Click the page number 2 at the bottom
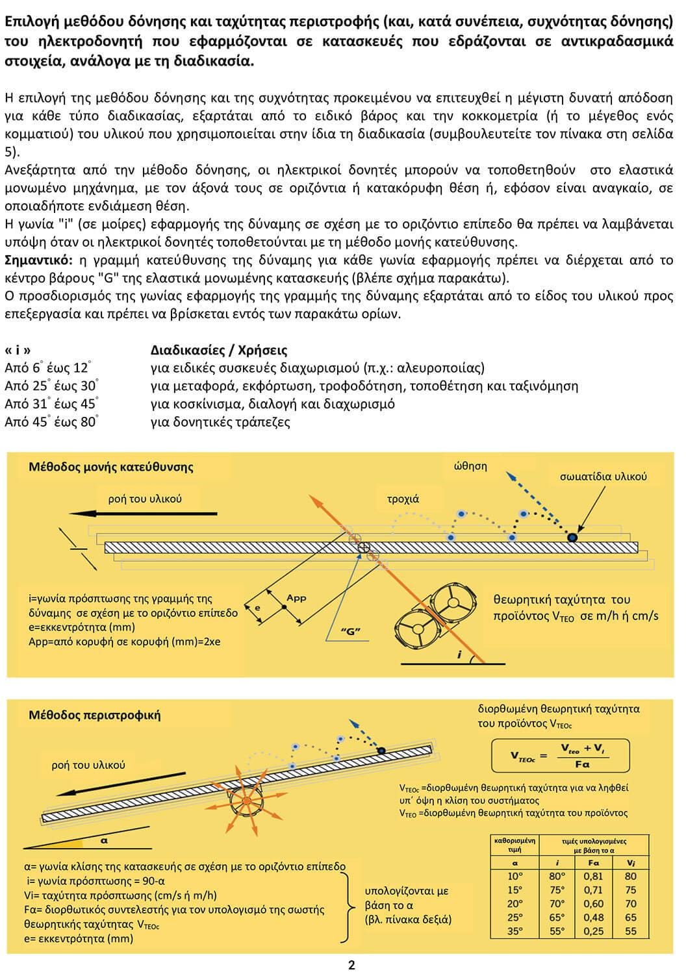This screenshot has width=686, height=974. pyautogui.click(x=351, y=966)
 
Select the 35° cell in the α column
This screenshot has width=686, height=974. pyautogui.click(x=515, y=931)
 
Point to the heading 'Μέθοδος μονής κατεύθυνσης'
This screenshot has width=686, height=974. pyautogui.click(x=111, y=467)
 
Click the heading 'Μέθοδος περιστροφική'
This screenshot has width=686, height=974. pyautogui.click(x=94, y=716)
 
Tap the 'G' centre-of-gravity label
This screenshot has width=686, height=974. pyautogui.click(x=351, y=631)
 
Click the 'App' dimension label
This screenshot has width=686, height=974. pyautogui.click(x=296, y=598)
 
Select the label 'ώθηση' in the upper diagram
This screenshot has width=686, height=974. pyautogui.click(x=470, y=466)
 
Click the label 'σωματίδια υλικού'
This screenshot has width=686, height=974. pyautogui.click(x=603, y=477)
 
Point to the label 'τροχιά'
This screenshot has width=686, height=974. pyautogui.click(x=403, y=499)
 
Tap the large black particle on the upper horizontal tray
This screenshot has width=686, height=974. pyautogui.click(x=572, y=538)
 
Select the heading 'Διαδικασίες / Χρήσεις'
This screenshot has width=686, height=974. pyautogui.click(x=219, y=350)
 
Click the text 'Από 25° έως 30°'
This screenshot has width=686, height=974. pyautogui.click(x=51, y=386)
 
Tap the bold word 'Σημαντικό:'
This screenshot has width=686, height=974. pyautogui.click(x=38, y=260)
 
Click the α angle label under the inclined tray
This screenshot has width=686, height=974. pyautogui.click(x=103, y=840)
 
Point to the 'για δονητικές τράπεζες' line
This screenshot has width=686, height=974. pyautogui.click(x=220, y=422)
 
